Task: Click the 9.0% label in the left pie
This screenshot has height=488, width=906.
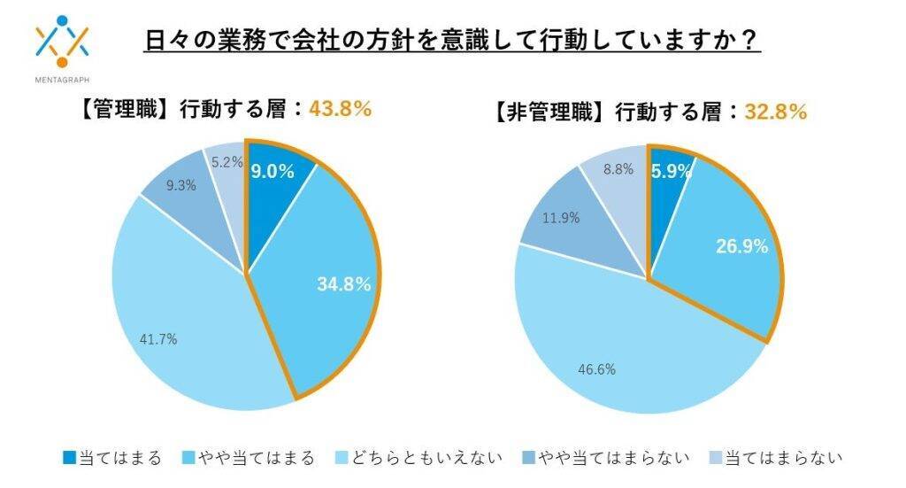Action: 272,172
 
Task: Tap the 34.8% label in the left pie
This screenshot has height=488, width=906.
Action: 343,284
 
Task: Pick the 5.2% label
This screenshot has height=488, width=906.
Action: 226,162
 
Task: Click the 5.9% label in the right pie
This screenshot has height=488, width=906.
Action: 671,172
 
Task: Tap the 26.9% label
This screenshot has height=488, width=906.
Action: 741,247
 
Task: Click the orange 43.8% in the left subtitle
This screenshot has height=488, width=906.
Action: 339,109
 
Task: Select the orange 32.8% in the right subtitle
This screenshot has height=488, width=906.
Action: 775,112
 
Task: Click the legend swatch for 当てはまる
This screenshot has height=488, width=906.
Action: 69,458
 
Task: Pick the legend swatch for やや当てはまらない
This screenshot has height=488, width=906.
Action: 530,458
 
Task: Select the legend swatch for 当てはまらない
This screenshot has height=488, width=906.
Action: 716,458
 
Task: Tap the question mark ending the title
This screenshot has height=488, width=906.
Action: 753,42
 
